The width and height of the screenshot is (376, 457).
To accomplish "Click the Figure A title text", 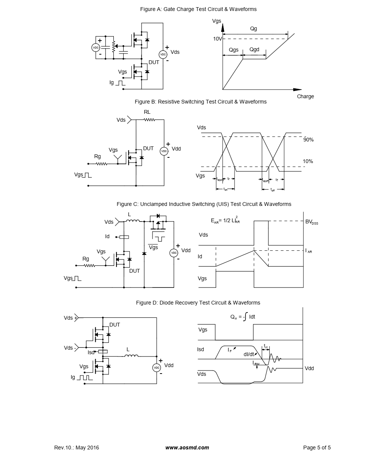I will (198, 9).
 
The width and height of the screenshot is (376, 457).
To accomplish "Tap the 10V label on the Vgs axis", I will (217, 39).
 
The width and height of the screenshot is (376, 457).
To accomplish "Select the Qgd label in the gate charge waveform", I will (254, 50).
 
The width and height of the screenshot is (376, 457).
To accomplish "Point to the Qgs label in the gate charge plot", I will (234, 50).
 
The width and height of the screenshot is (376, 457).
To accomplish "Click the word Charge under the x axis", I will (305, 96).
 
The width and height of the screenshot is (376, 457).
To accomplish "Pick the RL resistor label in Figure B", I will (147, 112).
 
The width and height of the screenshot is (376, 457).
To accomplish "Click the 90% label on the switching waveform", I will (308, 140).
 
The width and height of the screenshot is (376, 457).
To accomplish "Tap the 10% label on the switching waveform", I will (308, 161).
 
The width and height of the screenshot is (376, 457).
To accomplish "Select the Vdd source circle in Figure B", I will (164, 151).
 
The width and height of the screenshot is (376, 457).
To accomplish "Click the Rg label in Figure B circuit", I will (98, 156).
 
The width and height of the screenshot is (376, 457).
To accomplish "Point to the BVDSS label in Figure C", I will (311, 222).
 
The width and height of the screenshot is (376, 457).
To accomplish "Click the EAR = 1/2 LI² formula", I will (225, 220).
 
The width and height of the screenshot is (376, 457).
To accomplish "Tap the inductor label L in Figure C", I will (129, 214).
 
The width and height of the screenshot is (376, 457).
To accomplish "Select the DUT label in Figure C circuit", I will (134, 271).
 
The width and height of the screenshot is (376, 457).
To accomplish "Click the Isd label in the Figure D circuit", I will (91, 352).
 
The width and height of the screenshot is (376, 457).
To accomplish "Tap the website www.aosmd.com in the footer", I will (187, 448).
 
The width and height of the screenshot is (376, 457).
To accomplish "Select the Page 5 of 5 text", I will (317, 448).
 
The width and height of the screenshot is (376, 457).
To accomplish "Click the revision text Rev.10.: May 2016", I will (77, 448).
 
